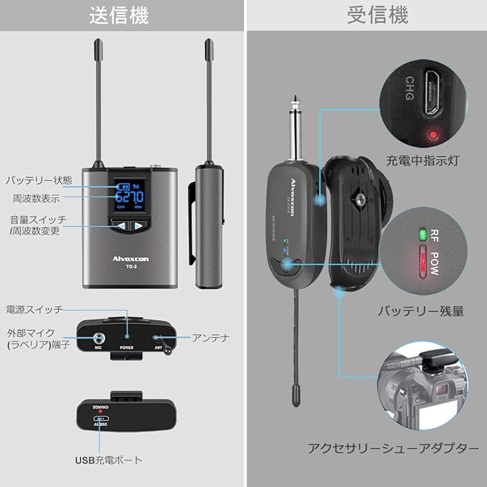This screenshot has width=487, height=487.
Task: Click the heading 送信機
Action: click(x=122, y=14)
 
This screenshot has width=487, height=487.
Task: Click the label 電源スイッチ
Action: click(x=34, y=310)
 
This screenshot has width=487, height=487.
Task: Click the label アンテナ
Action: click(x=210, y=337)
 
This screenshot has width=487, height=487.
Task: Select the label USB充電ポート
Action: click(x=108, y=460)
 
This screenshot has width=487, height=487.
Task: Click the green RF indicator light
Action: click(x=422, y=234)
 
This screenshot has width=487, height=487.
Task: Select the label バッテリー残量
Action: click(x=421, y=311)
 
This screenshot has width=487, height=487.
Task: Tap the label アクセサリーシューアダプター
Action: click(x=393, y=448)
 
